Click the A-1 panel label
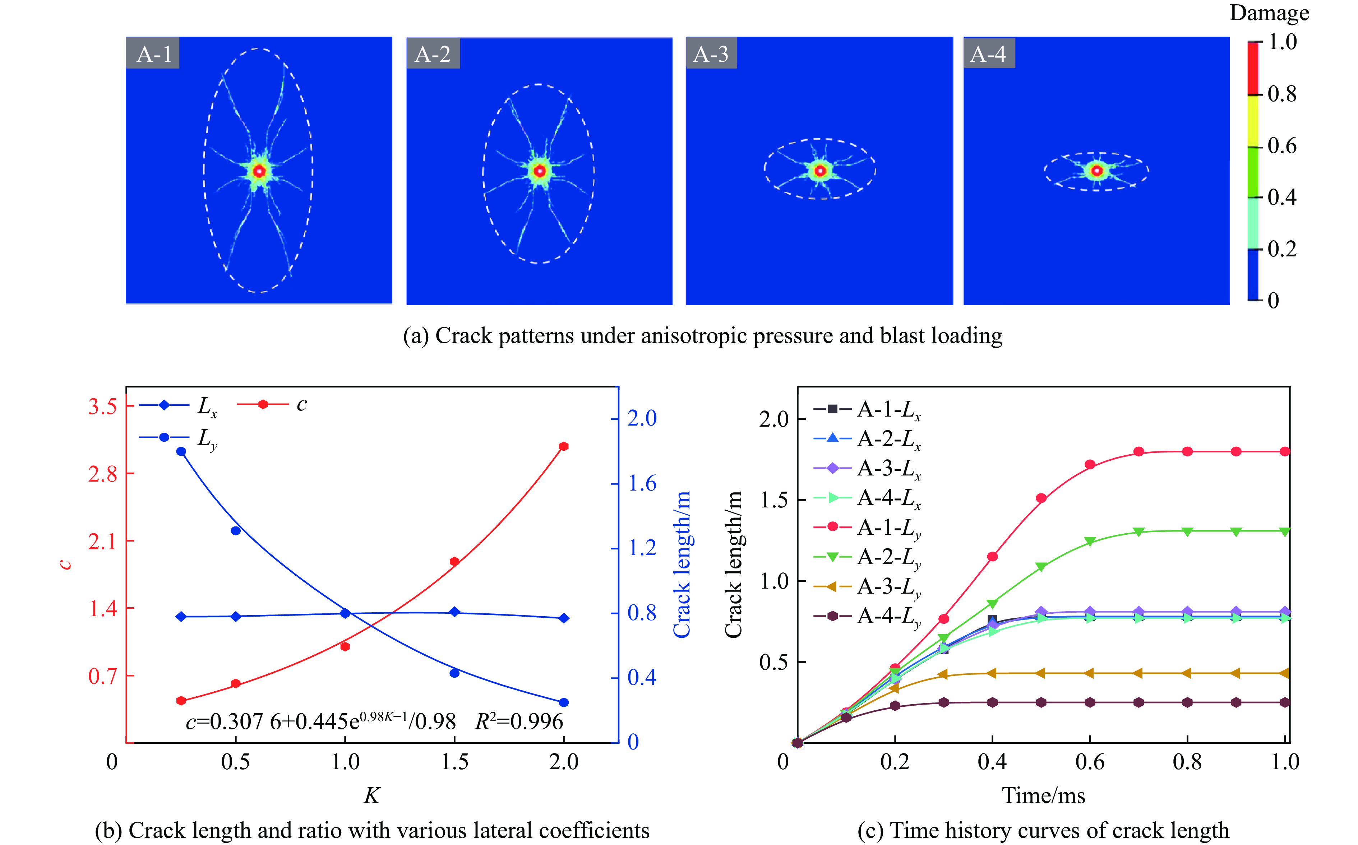point(153,54)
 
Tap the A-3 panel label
point(711,54)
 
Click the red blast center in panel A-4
point(1096,171)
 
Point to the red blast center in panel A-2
point(539,171)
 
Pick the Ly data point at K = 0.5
point(235,530)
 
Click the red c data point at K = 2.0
point(564,446)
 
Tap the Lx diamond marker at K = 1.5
point(454,612)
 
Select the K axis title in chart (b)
point(372,795)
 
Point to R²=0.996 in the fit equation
point(519,721)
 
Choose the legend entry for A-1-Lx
point(888,410)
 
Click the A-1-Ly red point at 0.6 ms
point(1090,464)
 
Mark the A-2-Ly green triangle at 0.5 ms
point(1041,567)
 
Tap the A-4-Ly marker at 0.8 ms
point(1187,702)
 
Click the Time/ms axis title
point(1043,795)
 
